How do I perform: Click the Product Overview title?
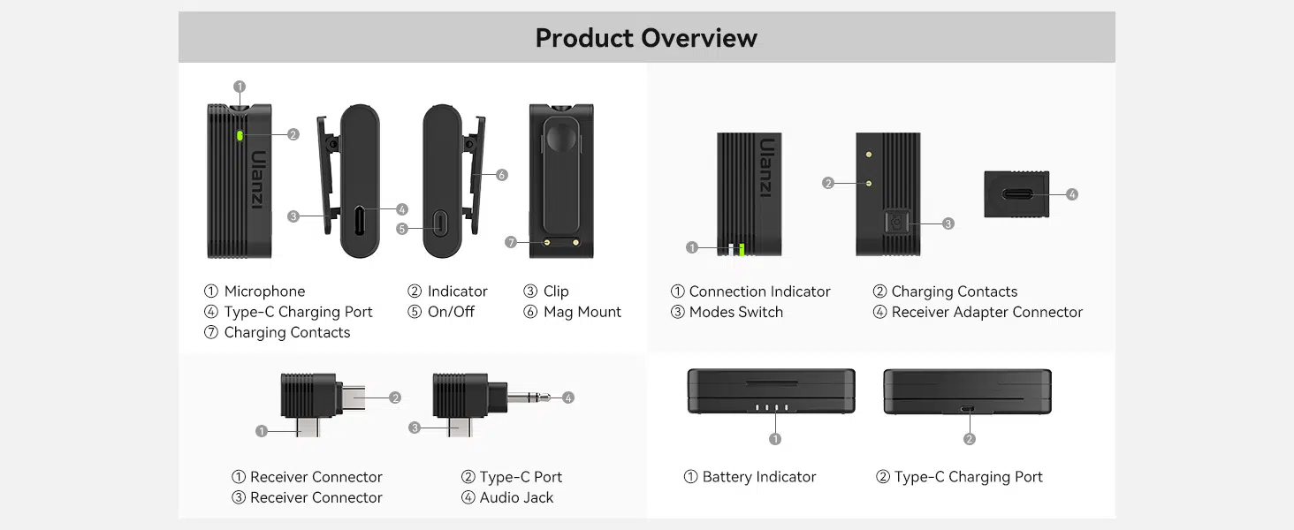646,38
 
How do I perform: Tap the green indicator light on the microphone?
240,135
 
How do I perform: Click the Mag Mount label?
582,312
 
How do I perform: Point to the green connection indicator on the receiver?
742,249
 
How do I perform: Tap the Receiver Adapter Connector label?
986,312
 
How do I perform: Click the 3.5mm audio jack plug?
529,397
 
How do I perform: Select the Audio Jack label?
516,497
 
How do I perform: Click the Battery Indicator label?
758,477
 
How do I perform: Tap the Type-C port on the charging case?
968,408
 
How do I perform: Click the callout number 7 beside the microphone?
511,242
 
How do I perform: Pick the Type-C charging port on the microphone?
360,221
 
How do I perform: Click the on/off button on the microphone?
440,223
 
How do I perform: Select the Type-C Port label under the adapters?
521,477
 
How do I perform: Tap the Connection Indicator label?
759,291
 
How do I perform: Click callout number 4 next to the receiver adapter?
1072,194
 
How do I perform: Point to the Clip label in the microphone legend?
556,291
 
